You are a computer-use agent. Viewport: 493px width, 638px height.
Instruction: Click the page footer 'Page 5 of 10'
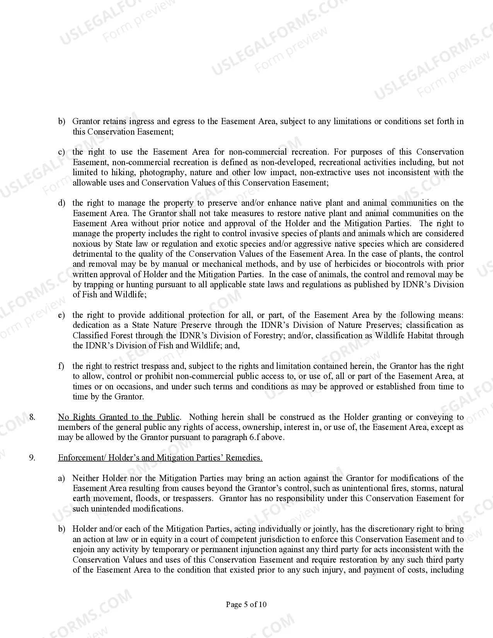[246, 604]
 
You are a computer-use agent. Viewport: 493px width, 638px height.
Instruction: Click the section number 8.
[32, 417]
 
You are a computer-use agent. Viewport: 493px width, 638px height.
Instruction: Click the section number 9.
[32, 458]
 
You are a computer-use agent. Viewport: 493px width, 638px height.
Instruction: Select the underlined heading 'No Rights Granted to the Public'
[119, 417]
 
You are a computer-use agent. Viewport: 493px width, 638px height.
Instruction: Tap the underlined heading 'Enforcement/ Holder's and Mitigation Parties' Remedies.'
[160, 458]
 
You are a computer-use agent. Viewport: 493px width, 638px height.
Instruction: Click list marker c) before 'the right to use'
[61, 152]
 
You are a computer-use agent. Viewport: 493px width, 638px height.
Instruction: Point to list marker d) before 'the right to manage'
[61, 203]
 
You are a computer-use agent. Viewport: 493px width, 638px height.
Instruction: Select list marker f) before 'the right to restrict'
[61, 366]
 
